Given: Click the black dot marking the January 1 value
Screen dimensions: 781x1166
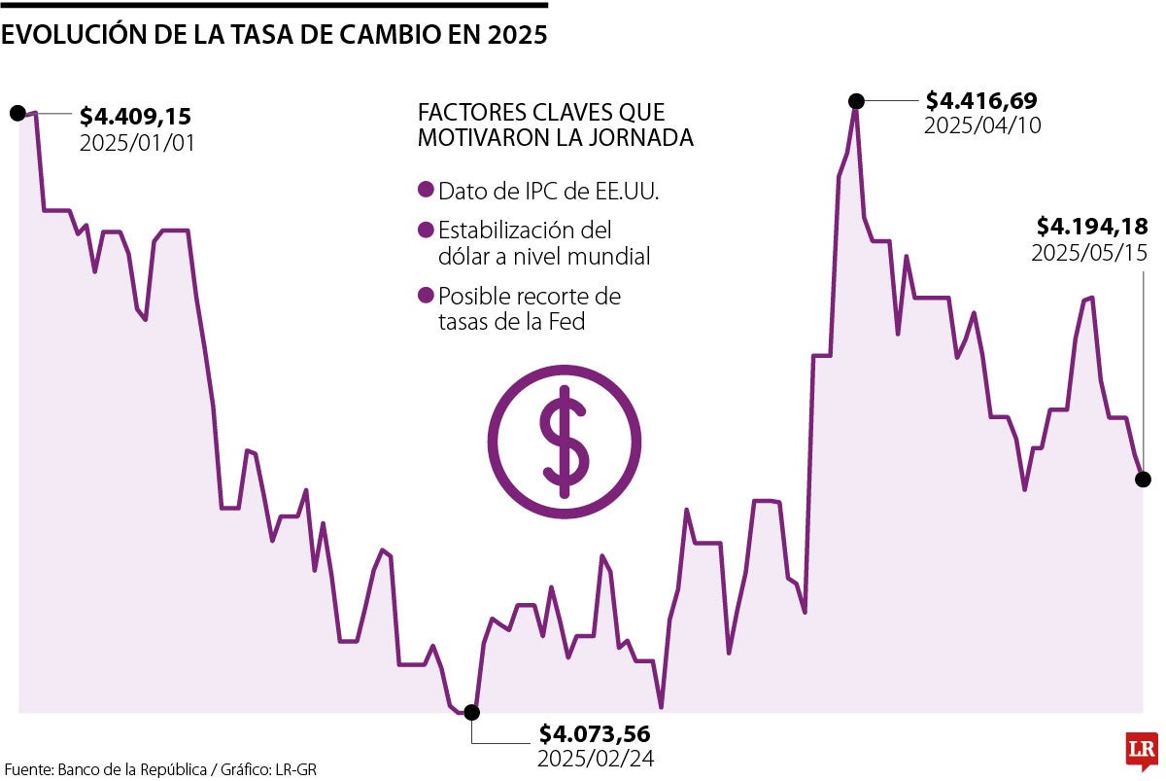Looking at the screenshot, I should pos(17,113).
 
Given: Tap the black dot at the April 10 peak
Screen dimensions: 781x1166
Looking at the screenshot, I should pos(856,100).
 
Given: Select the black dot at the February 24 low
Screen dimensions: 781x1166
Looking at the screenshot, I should pos(472,712).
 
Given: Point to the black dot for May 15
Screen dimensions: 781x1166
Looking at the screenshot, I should pos(1143,479).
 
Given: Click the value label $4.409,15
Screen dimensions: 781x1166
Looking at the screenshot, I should pos(135,117).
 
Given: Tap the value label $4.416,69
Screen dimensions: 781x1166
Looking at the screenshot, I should pos(981,100).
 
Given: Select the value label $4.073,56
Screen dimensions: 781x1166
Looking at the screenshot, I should pos(595,733).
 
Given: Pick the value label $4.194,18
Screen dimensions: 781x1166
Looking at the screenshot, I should pos(1092,227).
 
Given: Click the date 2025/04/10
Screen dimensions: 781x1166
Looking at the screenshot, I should pos(981,125).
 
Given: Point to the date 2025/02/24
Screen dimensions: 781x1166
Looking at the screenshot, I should pos(595,758).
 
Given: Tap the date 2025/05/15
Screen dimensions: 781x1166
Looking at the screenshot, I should pos(1089,253).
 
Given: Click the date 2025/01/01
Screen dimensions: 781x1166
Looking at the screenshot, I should pos(137,142).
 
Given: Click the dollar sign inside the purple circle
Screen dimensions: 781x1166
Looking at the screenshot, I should pos(565,437).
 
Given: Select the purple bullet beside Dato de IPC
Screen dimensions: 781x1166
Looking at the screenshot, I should pos(425,192).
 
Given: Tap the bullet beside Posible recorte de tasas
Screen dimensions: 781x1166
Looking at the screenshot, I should pos(425,296).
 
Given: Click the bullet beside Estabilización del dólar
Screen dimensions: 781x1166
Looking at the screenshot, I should pos(425,231).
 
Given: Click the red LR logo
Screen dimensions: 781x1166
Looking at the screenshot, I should pos(1142,750).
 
